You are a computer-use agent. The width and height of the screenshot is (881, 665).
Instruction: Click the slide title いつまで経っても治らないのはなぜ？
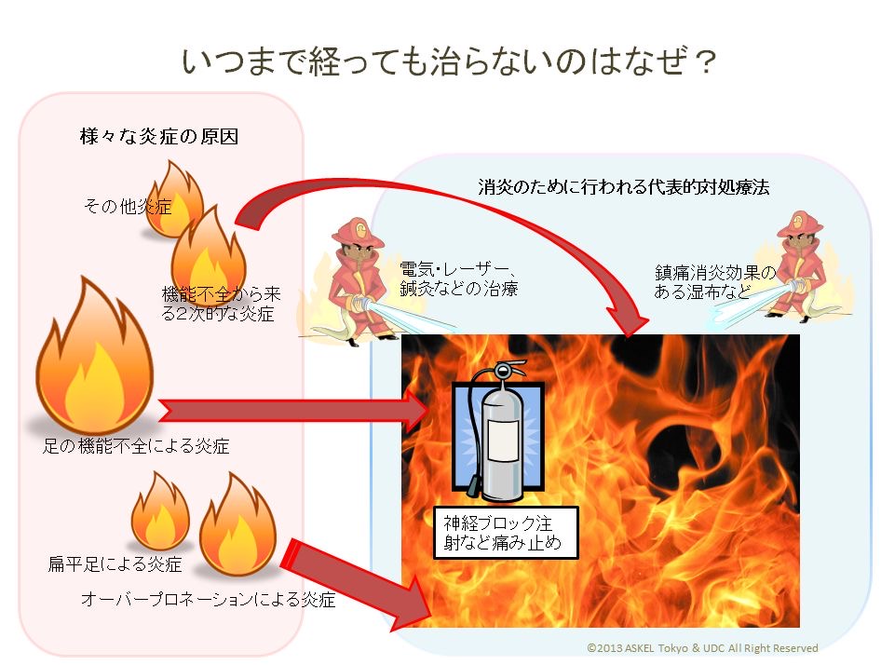(450, 63)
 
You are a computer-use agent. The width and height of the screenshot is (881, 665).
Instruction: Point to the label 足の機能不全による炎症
(136, 446)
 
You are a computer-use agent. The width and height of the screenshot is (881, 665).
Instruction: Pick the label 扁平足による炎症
(114, 564)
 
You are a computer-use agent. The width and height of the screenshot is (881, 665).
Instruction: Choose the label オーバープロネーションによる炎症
(208, 600)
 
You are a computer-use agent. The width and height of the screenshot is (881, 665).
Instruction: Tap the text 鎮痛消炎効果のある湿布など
(714, 282)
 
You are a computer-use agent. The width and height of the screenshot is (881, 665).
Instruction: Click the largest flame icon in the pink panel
(93, 359)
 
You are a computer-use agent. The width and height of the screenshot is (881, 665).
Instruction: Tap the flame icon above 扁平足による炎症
(159, 512)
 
